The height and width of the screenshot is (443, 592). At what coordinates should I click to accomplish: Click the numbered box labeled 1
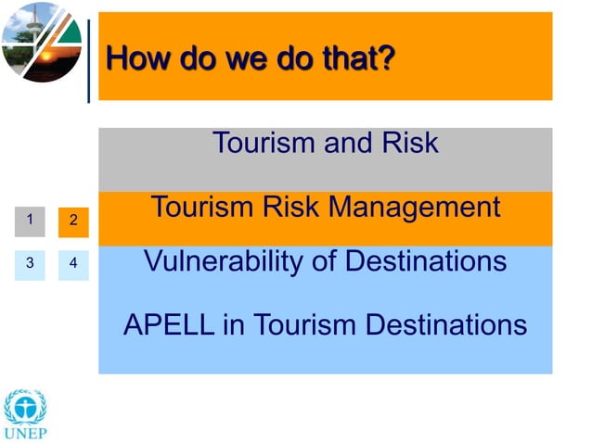tap(30, 221)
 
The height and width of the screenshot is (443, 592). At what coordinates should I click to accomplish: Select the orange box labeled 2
tap(73, 222)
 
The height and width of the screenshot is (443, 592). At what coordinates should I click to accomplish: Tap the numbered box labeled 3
tap(30, 263)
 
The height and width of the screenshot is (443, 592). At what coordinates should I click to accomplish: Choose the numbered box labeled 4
tap(73, 263)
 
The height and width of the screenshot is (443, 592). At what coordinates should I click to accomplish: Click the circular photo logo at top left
tap(42, 42)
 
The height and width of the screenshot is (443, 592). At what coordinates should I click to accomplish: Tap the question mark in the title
tap(387, 59)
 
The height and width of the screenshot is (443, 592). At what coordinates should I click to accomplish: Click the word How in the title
tap(134, 59)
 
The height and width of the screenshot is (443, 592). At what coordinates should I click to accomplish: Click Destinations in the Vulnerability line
tap(426, 261)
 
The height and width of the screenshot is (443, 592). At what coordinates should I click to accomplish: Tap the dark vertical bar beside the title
tap(89, 57)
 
